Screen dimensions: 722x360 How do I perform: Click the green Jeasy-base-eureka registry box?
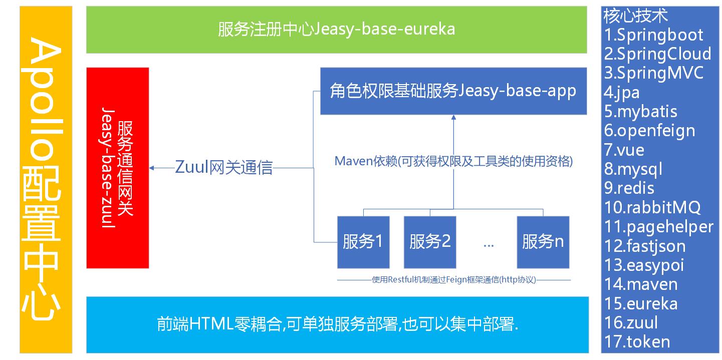click(x=337, y=30)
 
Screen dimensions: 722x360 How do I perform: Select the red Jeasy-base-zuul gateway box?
click(x=118, y=168)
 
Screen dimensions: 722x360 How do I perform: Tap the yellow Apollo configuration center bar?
click(x=46, y=180)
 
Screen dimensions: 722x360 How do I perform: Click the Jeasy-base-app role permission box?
click(x=453, y=91)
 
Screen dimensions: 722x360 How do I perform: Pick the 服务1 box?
click(x=363, y=242)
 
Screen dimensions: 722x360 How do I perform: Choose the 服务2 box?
click(x=430, y=242)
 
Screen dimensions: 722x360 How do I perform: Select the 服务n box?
click(x=543, y=242)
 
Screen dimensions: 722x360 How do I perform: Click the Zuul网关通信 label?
click(x=223, y=167)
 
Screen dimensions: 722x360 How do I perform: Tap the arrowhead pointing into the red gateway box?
click(x=151, y=168)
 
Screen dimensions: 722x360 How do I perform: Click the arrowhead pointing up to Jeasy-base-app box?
click(x=453, y=117)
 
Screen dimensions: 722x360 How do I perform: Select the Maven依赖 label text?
click(x=453, y=161)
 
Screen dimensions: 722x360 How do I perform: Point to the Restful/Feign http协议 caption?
click(x=454, y=279)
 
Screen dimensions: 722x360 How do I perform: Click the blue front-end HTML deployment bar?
click(x=338, y=325)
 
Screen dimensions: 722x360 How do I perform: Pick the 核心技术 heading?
click(x=636, y=16)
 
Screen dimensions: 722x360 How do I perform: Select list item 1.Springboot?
click(x=653, y=35)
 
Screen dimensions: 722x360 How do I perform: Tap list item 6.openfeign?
click(x=649, y=131)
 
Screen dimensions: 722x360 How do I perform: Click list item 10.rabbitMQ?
click(x=652, y=207)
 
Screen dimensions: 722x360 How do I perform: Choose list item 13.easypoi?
click(x=644, y=265)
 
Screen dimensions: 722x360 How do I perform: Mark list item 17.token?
click(x=637, y=341)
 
